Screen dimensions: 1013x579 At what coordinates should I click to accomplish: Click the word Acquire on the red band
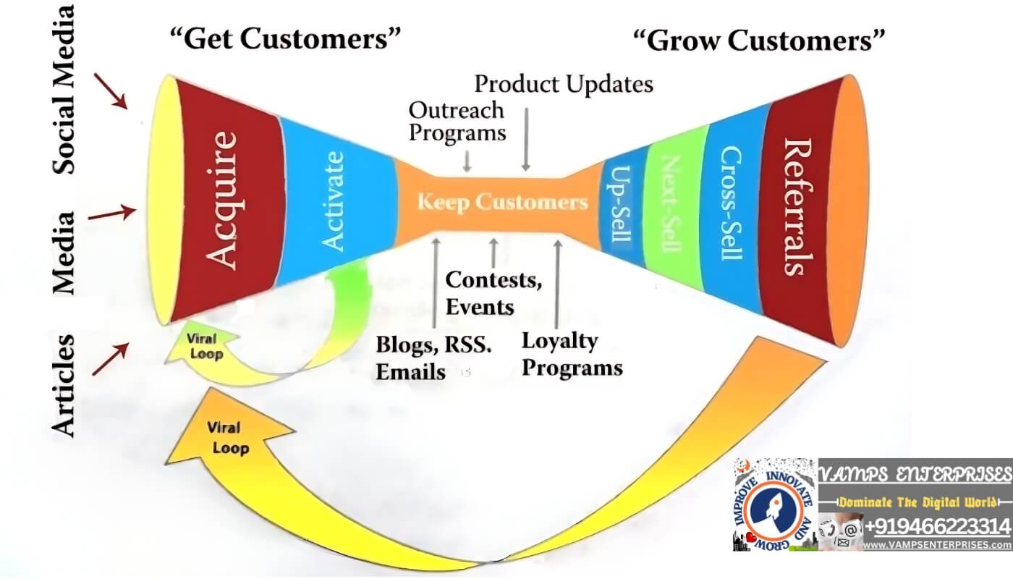[x=221, y=200]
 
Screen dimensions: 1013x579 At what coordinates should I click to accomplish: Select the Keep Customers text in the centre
[x=502, y=202]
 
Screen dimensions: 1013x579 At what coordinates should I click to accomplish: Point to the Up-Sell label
[x=621, y=204]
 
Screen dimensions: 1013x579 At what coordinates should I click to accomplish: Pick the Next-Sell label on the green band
[x=671, y=203]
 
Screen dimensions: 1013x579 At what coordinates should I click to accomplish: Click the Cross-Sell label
[x=730, y=203]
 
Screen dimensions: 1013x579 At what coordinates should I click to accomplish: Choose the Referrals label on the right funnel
[x=797, y=207]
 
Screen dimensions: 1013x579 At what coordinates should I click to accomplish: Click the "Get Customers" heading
[x=285, y=38]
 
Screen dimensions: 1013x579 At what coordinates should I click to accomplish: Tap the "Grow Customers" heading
[x=759, y=41]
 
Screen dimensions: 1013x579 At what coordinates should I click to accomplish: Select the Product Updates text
[x=564, y=84]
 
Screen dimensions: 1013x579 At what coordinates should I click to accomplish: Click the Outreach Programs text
[x=457, y=122]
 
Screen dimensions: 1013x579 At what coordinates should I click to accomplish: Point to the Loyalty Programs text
[x=572, y=354]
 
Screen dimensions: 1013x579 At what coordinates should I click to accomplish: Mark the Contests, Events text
[x=493, y=293]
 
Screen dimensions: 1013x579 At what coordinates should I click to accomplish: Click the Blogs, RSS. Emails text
[x=433, y=358]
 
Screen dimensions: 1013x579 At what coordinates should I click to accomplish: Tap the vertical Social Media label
[x=64, y=89]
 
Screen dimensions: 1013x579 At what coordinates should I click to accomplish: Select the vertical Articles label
[x=63, y=386]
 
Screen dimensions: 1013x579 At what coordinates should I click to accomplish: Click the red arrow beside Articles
[x=110, y=359]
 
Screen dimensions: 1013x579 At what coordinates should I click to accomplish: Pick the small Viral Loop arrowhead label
[x=205, y=346]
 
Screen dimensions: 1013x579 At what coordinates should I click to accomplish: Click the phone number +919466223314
[x=937, y=527]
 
